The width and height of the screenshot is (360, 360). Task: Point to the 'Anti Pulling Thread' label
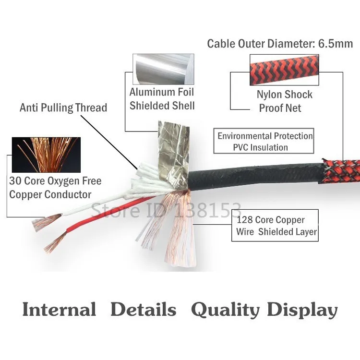pyautogui.click(x=63, y=108)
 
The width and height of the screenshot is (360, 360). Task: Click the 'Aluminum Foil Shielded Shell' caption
pyautogui.click(x=162, y=98)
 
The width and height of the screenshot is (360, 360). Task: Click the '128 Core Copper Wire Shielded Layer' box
pyautogui.click(x=276, y=226)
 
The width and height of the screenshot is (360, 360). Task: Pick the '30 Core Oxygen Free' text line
pyautogui.click(x=55, y=181)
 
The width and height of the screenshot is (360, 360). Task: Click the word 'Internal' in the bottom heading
pyautogui.click(x=59, y=310)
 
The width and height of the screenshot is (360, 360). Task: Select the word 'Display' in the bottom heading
pyautogui.click(x=302, y=310)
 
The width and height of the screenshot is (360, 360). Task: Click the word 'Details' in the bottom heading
pyautogui.click(x=143, y=310)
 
